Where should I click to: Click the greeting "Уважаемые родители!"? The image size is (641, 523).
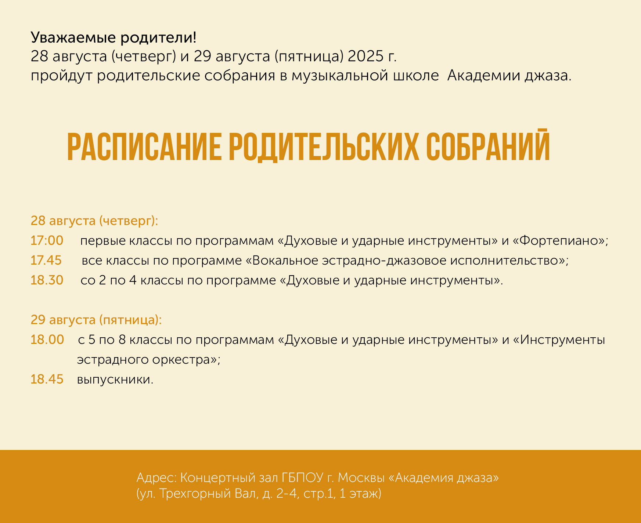tap(114, 37)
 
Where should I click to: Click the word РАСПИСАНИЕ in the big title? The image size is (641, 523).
tap(144, 147)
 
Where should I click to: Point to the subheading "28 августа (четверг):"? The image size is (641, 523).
tap(94, 221)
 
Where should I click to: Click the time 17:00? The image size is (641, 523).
tap(47, 241)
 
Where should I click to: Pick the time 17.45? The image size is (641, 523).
tap(46, 261)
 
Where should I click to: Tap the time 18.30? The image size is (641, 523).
tap(47, 280)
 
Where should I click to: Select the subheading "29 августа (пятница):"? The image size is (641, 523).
tap(96, 320)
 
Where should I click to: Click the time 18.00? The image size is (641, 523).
tap(47, 340)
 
